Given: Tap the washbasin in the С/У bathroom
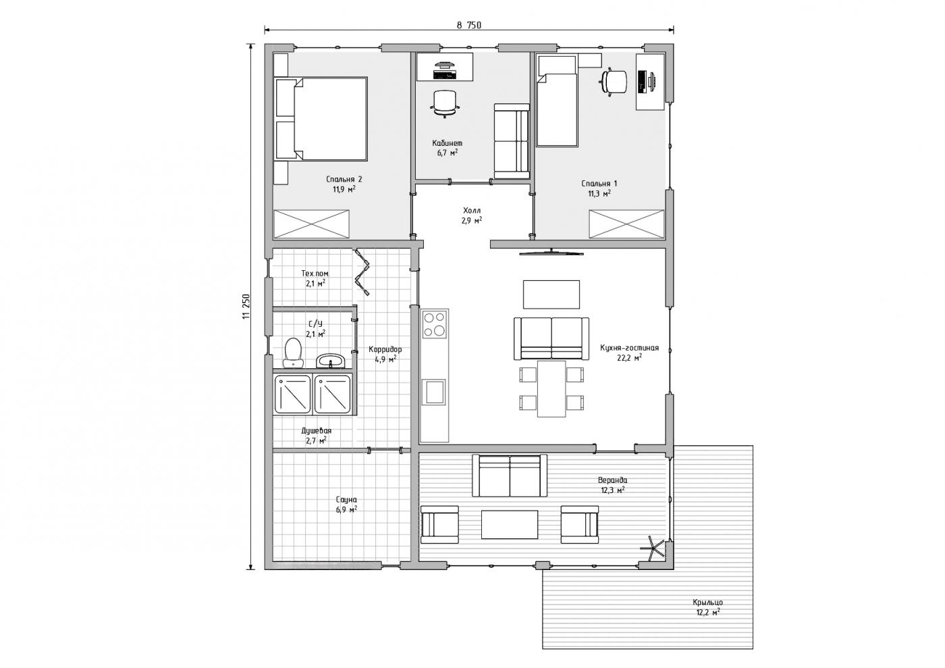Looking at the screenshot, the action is (330, 361).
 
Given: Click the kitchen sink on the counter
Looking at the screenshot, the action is (435, 392).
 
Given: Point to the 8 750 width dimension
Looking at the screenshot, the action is (468, 26).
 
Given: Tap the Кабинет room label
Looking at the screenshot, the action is (447, 143).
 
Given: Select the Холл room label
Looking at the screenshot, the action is (472, 210).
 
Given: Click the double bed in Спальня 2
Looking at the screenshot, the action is (321, 119).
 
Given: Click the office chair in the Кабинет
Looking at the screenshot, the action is (445, 103).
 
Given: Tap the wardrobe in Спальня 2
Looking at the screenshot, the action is (311, 224).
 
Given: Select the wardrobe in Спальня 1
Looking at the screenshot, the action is (626, 224).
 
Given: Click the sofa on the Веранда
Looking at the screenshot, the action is (510, 476).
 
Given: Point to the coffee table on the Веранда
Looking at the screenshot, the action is (510, 524).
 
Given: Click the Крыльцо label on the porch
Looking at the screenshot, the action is (707, 602).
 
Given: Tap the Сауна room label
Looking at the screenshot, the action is (346, 500).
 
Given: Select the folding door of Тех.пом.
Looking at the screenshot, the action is (362, 272).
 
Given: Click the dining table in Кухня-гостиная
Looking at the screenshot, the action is (551, 388).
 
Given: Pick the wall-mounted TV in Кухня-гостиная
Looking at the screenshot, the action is (551, 253).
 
